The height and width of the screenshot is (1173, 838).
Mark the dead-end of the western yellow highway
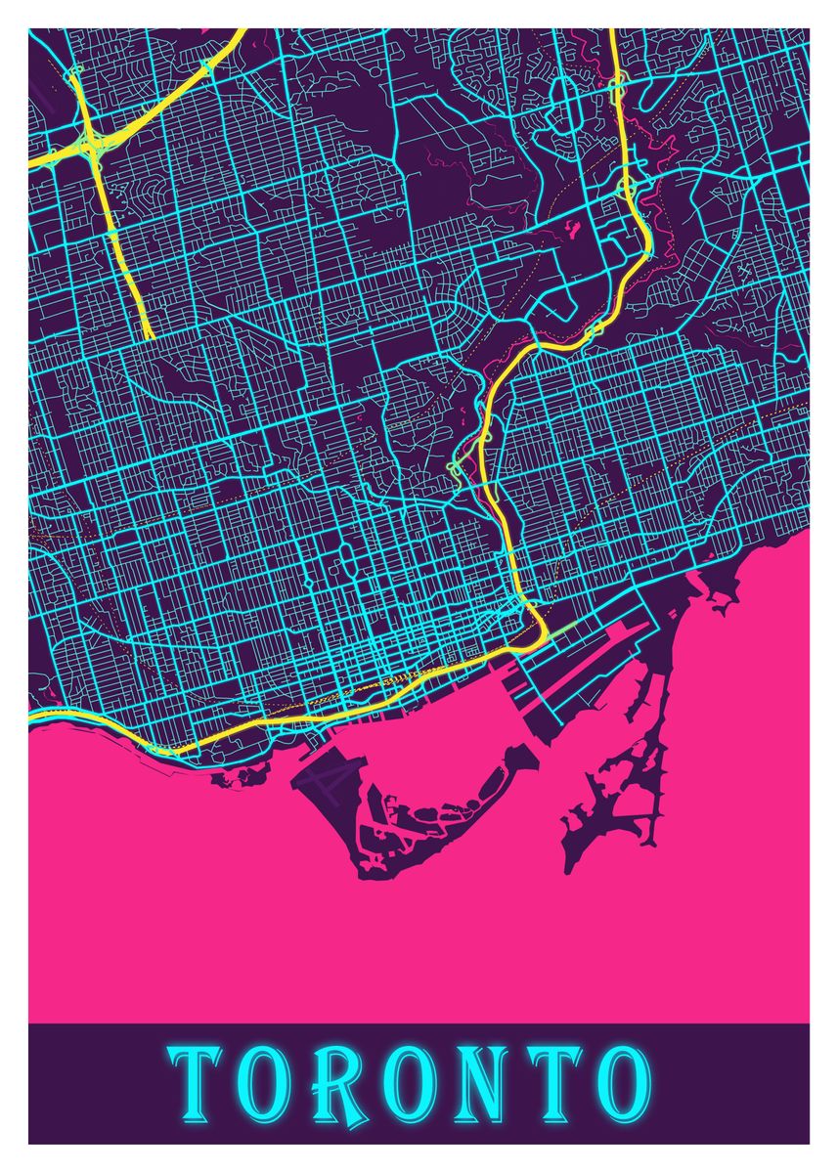pyautogui.click(x=150, y=337)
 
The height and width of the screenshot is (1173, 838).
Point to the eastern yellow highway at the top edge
pyautogui.click(x=612, y=31)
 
